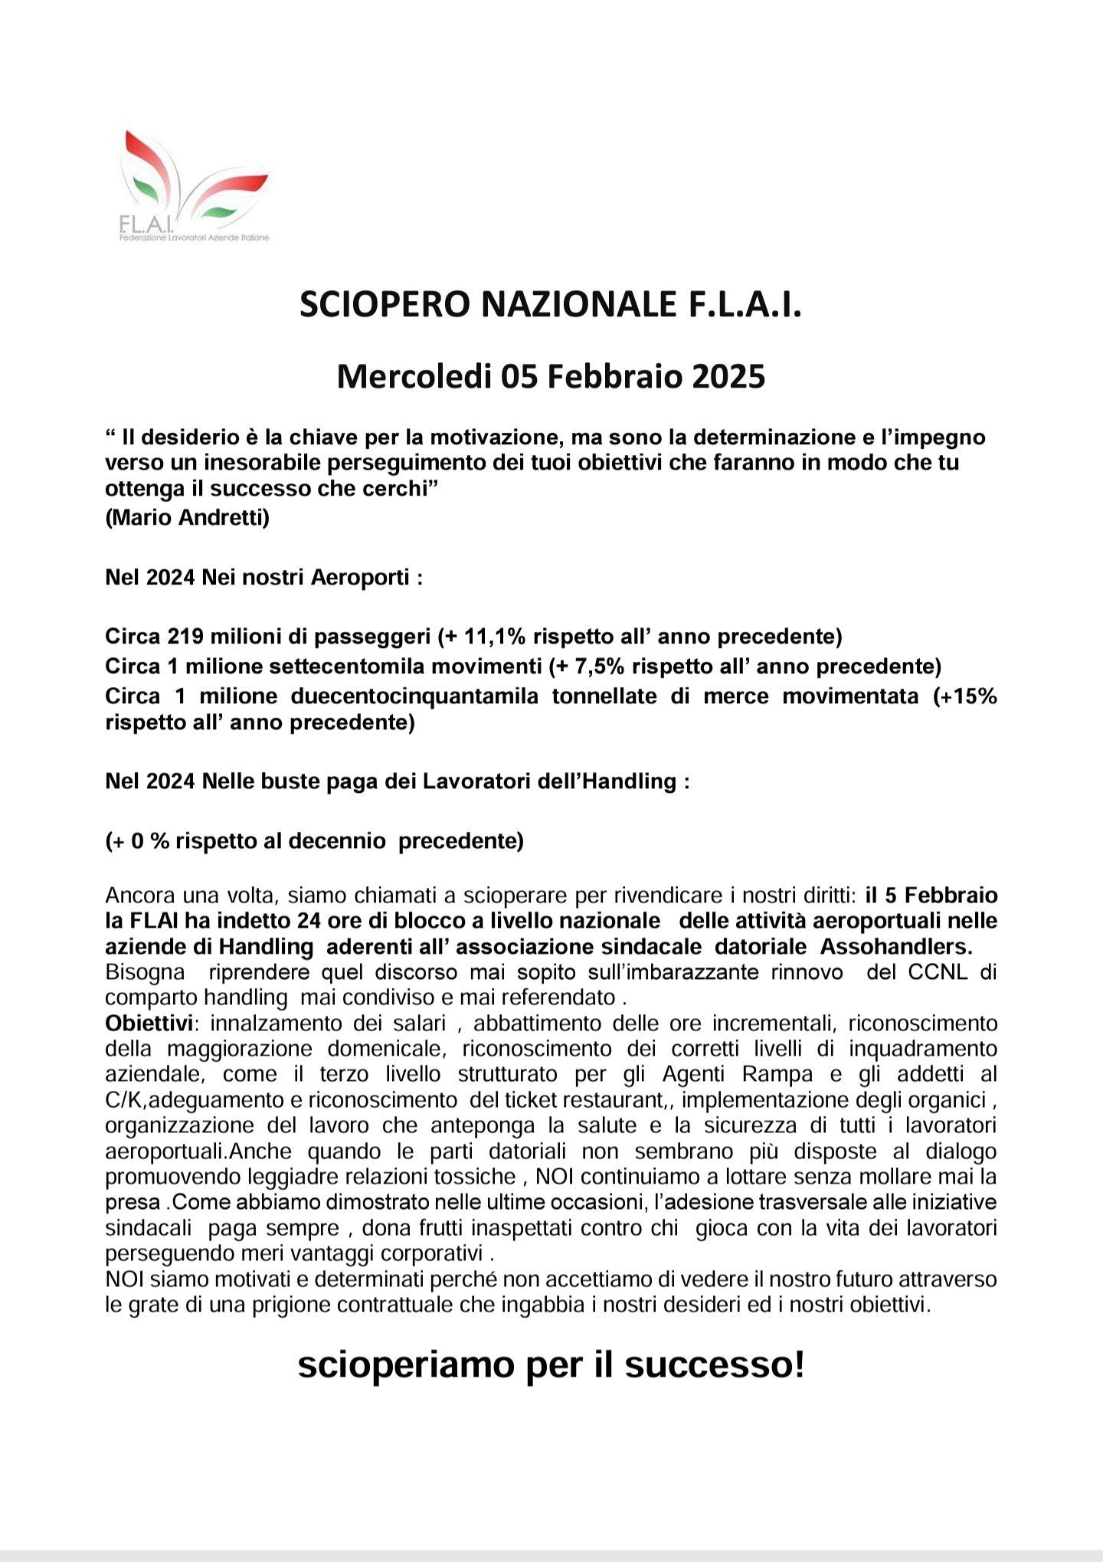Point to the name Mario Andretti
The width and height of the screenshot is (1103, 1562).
pyautogui.click(x=187, y=518)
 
